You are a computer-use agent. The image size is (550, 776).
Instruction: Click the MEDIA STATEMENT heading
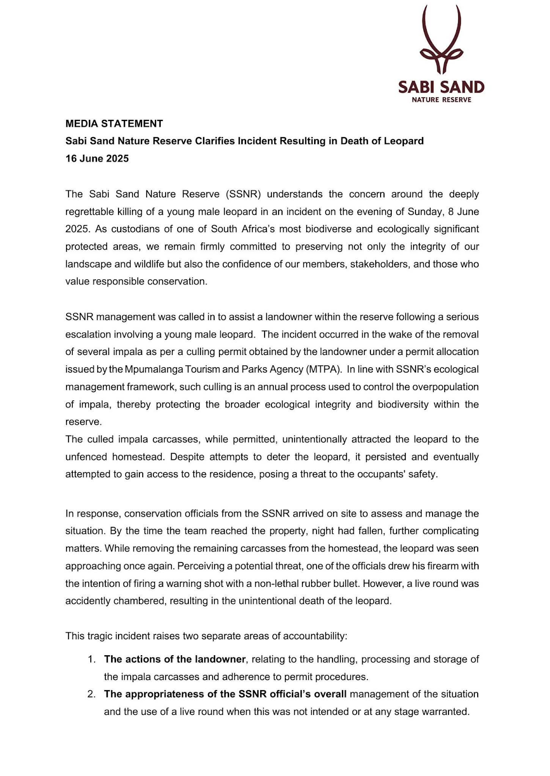[114, 124]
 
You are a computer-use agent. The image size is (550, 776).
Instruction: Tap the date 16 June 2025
[97, 159]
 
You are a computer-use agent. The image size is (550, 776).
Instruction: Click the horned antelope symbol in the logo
[441, 41]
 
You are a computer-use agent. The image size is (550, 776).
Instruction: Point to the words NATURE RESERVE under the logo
[441, 100]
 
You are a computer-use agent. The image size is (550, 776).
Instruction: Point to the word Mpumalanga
[155, 369]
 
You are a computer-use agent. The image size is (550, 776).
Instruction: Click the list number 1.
[91, 660]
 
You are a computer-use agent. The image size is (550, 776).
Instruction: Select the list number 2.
[91, 695]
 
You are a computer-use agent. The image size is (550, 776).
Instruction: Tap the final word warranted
[447, 712]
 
